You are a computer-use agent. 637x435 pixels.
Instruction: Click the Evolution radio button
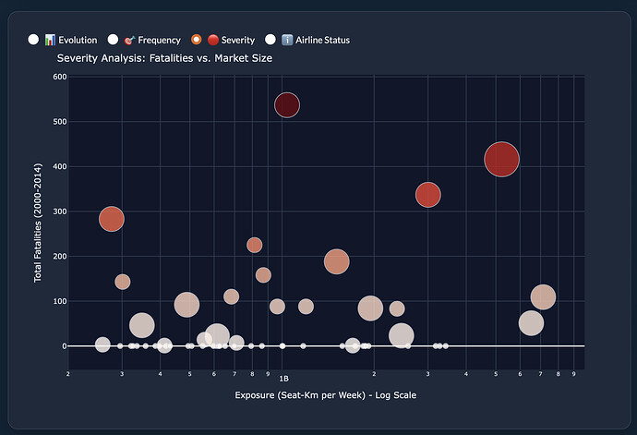[33, 40]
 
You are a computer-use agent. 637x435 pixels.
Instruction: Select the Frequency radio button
[114, 40]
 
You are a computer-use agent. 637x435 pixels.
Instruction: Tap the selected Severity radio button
[196, 40]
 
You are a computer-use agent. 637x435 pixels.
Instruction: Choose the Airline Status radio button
[270, 40]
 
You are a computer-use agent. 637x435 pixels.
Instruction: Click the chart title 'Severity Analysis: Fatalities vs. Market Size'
[164, 58]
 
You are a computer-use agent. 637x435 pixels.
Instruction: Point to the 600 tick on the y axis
[59, 77]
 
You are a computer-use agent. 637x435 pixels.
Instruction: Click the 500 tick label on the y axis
[59, 122]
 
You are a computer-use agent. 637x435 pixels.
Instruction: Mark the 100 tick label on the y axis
[59, 301]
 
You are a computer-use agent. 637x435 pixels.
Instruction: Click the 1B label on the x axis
[284, 379]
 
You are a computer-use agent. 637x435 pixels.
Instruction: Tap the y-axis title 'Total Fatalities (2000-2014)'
[39, 211]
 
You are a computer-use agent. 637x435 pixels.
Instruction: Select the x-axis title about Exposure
[326, 395]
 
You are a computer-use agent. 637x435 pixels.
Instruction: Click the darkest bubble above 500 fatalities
[287, 105]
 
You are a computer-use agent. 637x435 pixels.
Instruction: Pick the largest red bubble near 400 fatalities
[501, 159]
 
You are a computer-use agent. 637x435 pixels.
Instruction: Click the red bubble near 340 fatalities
[427, 195]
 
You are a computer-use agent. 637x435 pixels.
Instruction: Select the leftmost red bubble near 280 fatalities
[112, 219]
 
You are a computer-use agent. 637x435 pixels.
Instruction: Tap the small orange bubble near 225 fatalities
[255, 245]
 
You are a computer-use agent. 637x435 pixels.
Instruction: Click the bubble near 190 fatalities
[337, 261]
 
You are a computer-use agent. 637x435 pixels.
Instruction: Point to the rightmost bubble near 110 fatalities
[543, 296]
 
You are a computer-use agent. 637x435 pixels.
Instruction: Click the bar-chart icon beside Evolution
[51, 40]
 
